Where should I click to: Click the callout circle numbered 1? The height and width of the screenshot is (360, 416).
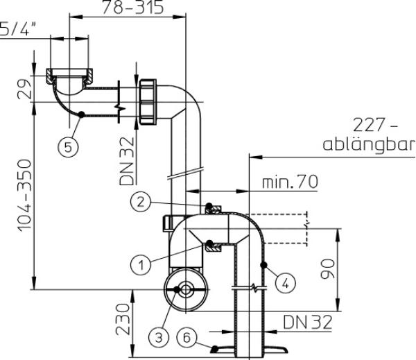[x=141, y=264]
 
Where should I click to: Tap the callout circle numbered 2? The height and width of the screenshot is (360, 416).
[x=141, y=202]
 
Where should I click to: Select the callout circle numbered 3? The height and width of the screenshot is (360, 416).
[x=159, y=338]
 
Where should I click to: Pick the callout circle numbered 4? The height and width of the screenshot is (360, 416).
[x=285, y=284]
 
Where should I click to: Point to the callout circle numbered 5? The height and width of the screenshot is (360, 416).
[x=68, y=146]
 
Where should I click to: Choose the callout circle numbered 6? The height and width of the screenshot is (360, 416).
[x=187, y=338]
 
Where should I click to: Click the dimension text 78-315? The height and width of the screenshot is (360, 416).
[x=132, y=8]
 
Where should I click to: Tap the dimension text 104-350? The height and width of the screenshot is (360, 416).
[x=25, y=196]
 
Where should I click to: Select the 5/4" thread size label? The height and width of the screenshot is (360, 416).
[x=18, y=28]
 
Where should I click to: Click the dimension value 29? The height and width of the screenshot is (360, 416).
[x=25, y=89]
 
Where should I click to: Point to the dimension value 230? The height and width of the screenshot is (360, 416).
[x=123, y=319]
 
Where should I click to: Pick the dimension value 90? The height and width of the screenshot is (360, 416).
[x=328, y=269]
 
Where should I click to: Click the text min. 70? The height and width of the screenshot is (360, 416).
[x=290, y=182]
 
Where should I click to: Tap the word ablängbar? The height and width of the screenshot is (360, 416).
[x=369, y=145]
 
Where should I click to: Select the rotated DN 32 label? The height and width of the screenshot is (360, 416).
[x=127, y=161]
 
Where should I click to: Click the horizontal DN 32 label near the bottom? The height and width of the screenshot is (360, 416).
[x=307, y=322]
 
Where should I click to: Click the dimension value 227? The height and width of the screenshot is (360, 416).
[x=369, y=125]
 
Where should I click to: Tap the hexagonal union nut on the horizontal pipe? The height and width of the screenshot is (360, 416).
[x=148, y=102]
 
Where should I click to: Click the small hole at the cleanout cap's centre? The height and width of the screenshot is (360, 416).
[x=186, y=290]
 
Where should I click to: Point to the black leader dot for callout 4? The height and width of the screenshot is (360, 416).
[x=263, y=265]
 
